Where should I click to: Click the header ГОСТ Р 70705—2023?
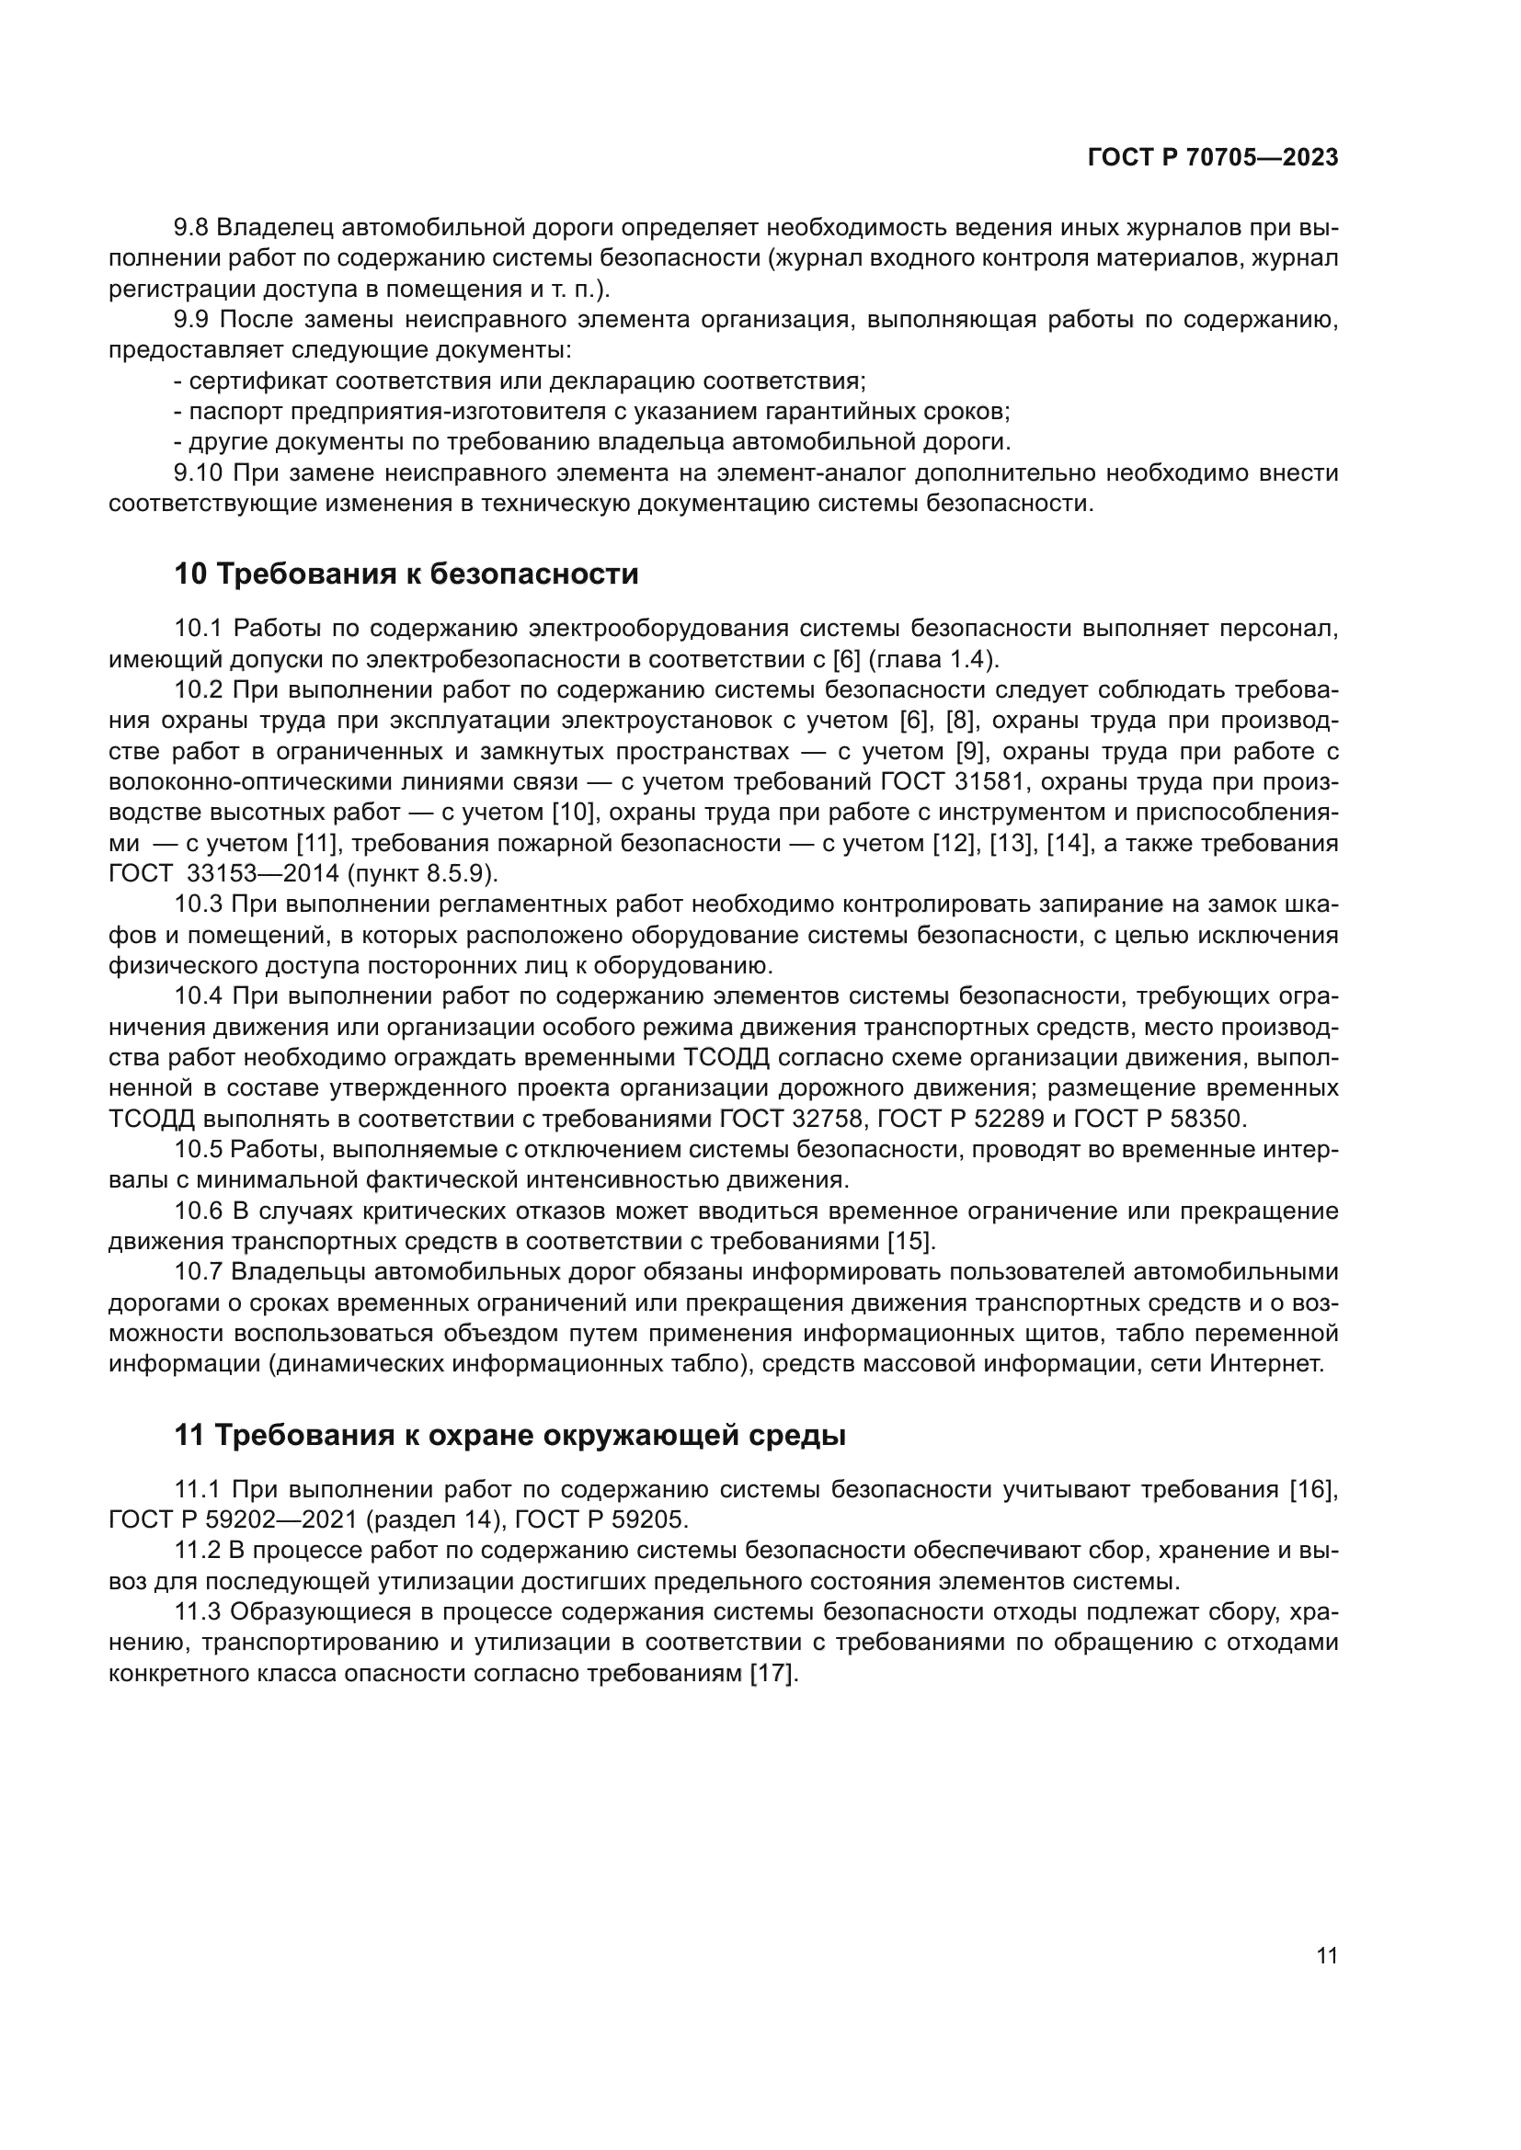(1212, 157)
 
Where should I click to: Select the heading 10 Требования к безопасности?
(406, 574)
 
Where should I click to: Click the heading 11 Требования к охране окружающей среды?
(509, 1436)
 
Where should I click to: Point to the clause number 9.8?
(193, 228)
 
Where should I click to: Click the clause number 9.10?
(199, 472)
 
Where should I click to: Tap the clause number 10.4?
(199, 996)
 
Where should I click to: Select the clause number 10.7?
(199, 1271)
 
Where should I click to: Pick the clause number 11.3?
(198, 1611)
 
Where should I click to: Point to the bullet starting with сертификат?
(520, 381)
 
